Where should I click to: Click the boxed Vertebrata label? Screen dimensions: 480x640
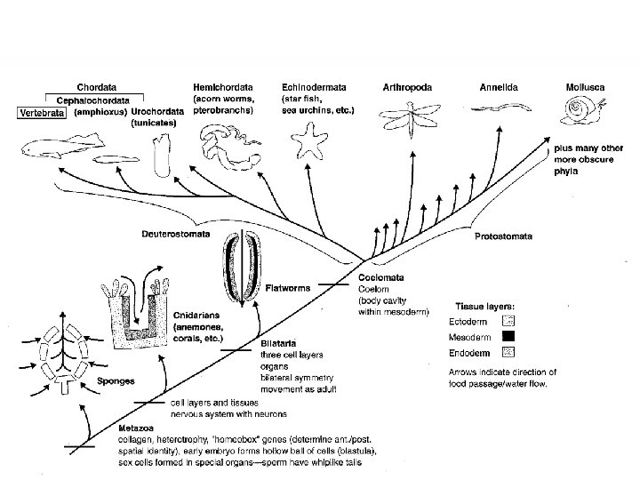(x=44, y=113)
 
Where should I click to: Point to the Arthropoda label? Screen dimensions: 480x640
(x=407, y=87)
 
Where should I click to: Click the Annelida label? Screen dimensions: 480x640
(x=499, y=87)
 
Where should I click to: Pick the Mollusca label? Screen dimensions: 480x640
(x=588, y=87)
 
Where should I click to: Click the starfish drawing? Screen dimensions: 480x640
(x=312, y=140)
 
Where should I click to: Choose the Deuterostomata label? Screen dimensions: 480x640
(x=177, y=235)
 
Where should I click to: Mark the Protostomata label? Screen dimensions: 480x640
(x=504, y=236)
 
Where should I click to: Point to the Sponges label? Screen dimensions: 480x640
(x=116, y=380)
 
